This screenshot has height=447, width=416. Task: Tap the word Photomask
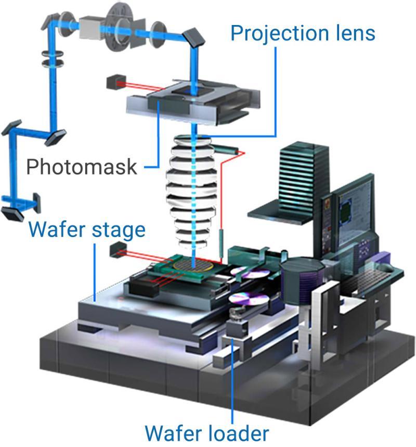(x=82, y=167)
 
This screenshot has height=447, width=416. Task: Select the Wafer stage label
(x=87, y=229)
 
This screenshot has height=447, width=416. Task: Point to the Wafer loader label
(x=207, y=432)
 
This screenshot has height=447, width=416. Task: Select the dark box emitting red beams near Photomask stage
(x=113, y=82)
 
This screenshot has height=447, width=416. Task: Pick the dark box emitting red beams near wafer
(x=116, y=252)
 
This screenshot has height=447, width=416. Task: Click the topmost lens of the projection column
(x=194, y=141)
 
